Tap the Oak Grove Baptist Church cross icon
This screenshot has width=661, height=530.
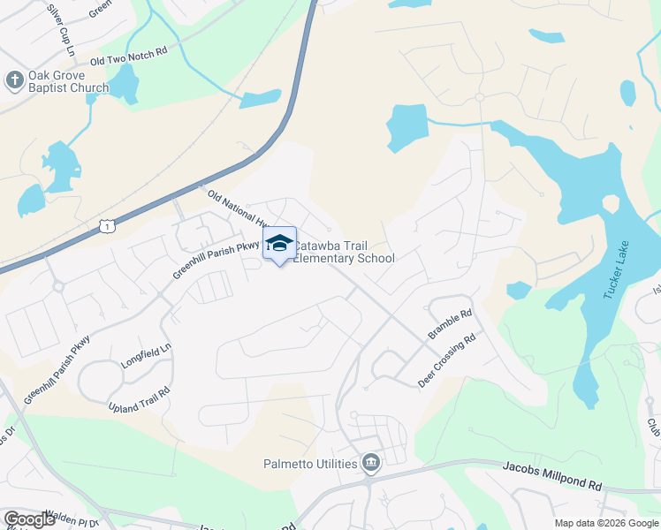(x=14, y=80)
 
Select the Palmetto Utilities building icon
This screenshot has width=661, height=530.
(x=370, y=463)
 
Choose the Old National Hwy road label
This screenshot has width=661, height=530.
(x=237, y=208)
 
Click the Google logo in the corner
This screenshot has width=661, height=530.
(x=30, y=519)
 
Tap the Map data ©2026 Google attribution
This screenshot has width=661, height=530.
(x=605, y=523)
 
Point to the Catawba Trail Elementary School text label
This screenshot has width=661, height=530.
(x=344, y=252)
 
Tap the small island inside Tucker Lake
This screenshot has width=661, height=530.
(x=610, y=203)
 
